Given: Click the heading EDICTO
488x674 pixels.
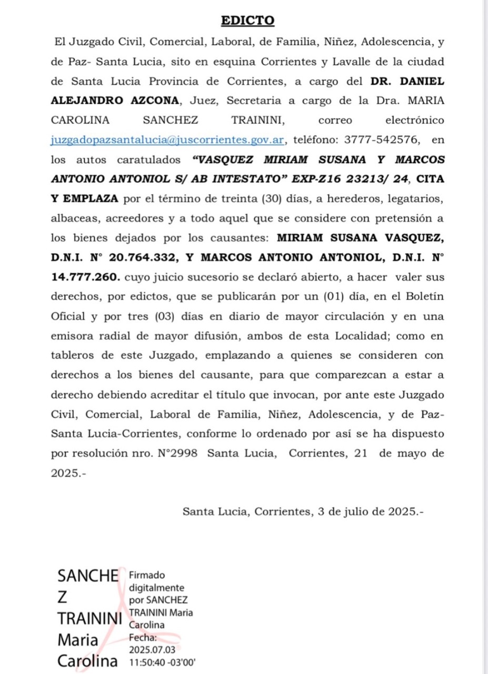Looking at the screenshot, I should point(248,21).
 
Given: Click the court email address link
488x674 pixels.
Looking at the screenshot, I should point(168,140).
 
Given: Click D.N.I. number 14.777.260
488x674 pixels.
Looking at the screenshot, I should point(85,277).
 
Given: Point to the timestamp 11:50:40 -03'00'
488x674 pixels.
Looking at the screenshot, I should point(163,662).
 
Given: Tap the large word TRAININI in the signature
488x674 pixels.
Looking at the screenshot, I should point(89,618).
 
